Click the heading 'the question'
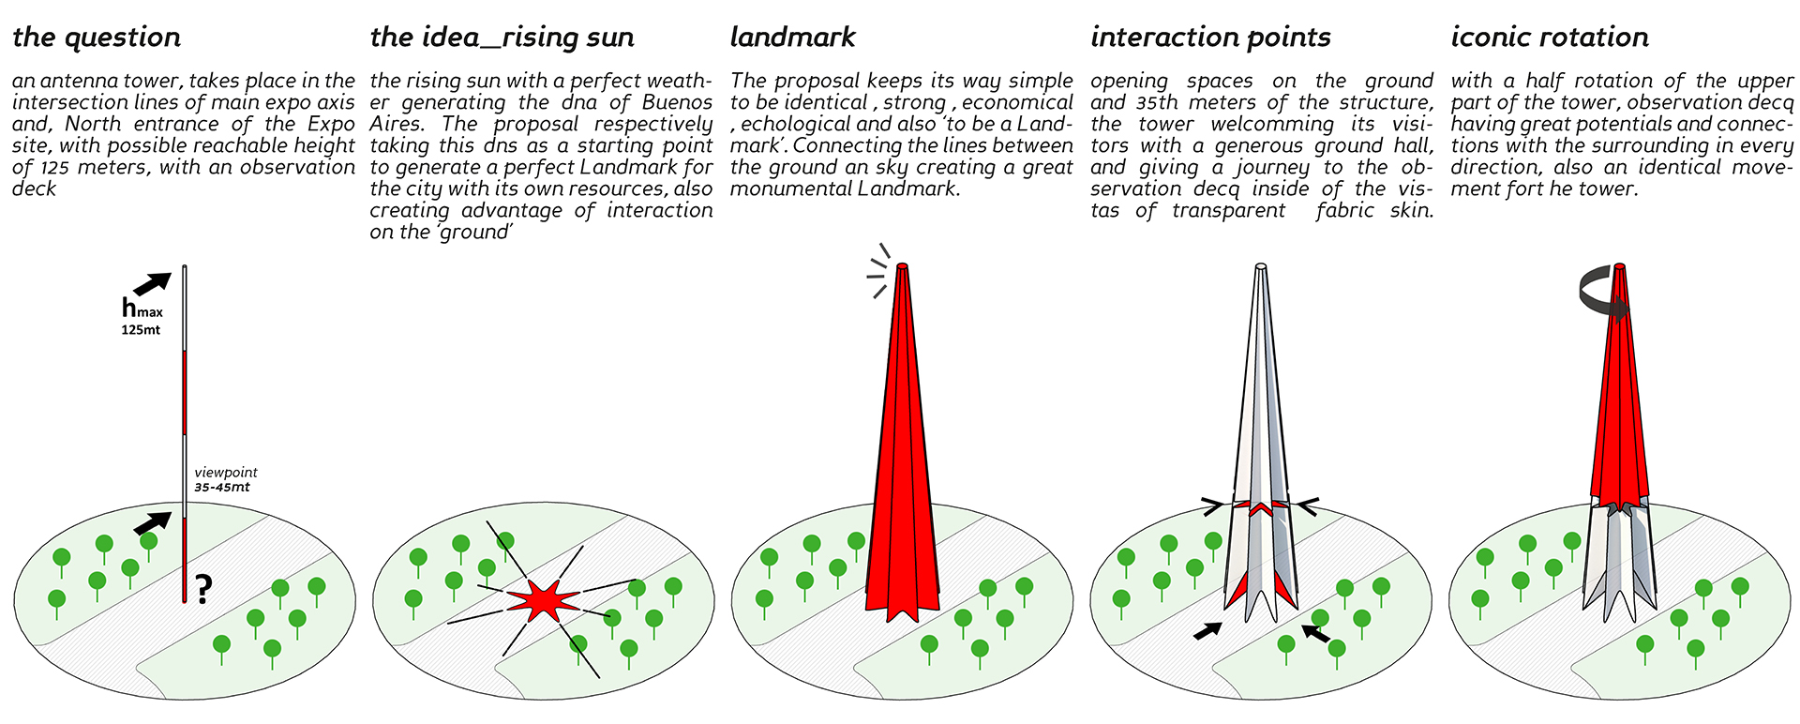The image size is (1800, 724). tap(97, 38)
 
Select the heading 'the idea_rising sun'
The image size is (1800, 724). tap(502, 38)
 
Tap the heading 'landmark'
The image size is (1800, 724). tap(792, 38)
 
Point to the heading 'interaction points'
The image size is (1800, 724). tap(1210, 38)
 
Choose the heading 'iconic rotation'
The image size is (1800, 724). tap(1549, 38)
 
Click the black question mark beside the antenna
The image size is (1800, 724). tap(203, 589)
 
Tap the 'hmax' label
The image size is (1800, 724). tap(141, 308)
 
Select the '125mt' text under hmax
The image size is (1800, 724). tap(141, 330)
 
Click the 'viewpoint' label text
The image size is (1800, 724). tap(226, 473)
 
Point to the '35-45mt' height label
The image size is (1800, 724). tap(222, 488)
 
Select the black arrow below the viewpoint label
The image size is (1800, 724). tap(153, 521)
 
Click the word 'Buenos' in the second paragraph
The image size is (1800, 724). tap(678, 102)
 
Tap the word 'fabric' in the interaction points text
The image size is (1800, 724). tap(1345, 210)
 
